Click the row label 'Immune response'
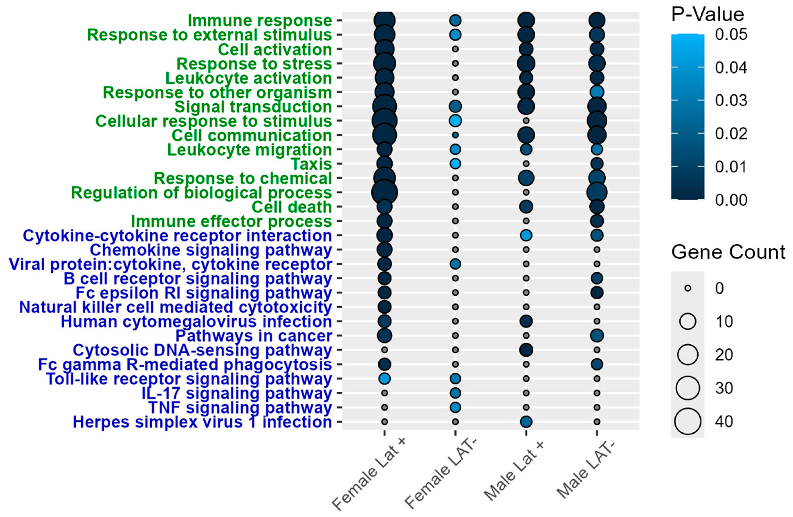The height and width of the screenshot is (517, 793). (260, 21)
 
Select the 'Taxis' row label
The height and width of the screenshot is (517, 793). (312, 164)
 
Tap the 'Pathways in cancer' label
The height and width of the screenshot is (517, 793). (254, 336)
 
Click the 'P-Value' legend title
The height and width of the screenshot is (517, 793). (707, 15)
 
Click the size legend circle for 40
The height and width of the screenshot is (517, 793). (688, 421)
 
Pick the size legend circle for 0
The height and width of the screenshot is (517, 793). (688, 288)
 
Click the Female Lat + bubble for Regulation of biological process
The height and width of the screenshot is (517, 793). (385, 192)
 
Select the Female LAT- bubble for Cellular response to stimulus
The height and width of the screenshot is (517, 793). (455, 121)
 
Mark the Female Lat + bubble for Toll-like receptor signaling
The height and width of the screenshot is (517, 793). (385, 379)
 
